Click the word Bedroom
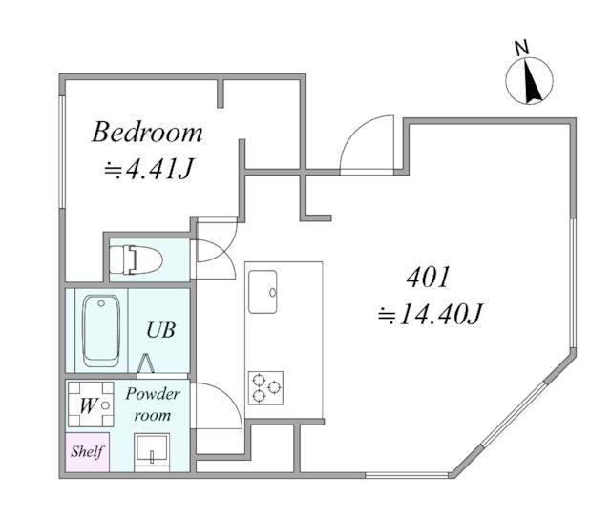(147, 132)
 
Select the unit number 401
(427, 279)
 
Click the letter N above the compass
(521, 48)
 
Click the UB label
(159, 330)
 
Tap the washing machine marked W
(88, 405)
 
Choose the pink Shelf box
(87, 451)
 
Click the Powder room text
(152, 404)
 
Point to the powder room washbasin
(152, 449)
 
